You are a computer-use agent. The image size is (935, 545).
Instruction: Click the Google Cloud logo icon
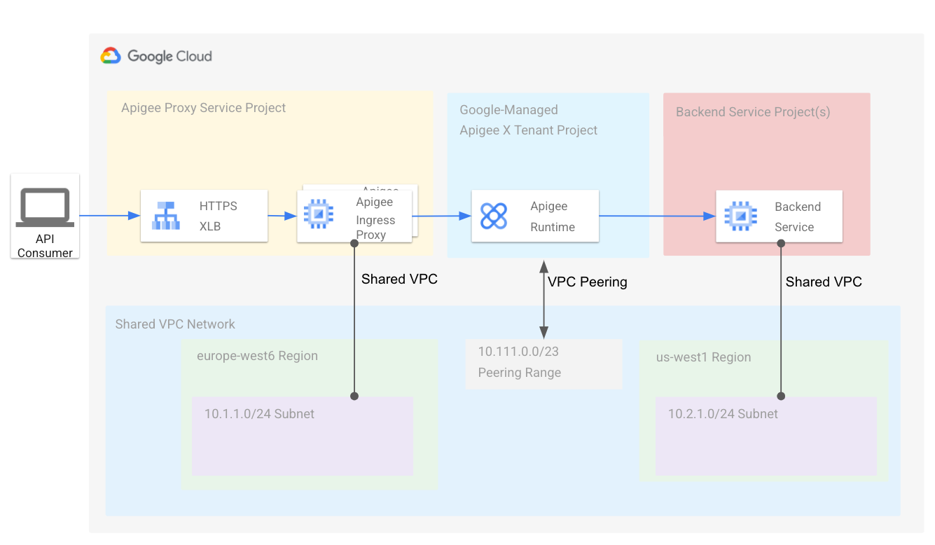tap(111, 56)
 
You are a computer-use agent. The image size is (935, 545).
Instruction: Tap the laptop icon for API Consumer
tap(46, 207)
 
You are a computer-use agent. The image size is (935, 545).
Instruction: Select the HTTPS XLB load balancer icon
tap(165, 216)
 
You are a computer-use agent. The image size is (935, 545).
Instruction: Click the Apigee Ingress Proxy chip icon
tap(317, 214)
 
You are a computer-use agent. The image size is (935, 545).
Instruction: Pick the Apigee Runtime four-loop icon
tap(494, 216)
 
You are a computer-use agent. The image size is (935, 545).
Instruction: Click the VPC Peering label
tap(587, 282)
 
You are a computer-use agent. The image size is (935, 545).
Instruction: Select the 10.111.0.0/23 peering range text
tap(518, 352)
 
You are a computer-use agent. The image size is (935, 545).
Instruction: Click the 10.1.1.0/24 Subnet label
tap(259, 414)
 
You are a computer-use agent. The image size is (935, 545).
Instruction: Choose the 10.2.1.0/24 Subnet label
tap(723, 414)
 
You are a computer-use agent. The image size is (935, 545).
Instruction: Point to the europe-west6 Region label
tap(257, 356)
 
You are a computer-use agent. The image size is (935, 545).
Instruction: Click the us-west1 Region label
tap(703, 357)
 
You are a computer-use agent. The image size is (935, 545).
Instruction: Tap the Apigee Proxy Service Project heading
tap(203, 108)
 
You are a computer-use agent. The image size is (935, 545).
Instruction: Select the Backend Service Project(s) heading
tap(753, 112)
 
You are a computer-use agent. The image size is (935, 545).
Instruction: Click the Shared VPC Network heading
tap(175, 324)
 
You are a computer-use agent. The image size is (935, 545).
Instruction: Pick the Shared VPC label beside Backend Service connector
tap(824, 282)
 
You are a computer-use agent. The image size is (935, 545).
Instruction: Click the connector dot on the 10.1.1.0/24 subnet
tap(354, 396)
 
